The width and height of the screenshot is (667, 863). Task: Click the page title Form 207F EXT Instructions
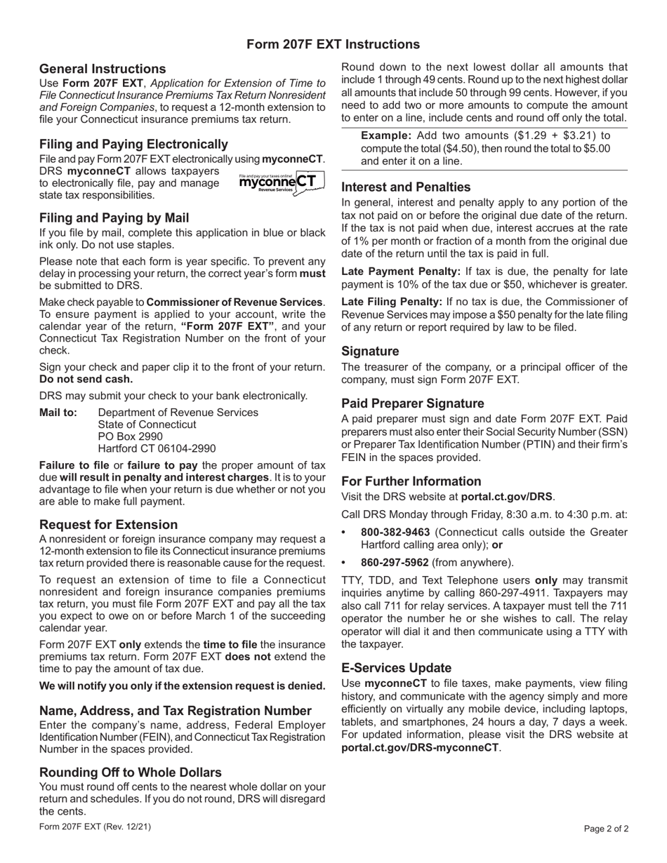point(333,44)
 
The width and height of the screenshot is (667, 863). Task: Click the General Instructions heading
point(103,69)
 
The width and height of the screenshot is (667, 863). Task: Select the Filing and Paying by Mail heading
point(114,218)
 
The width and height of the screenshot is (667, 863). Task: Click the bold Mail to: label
point(58,413)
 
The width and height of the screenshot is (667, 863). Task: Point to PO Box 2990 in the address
point(130,436)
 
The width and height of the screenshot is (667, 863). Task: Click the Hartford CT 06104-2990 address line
point(157,448)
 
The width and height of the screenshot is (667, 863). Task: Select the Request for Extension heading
point(108,525)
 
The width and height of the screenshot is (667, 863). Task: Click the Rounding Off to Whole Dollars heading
point(131,772)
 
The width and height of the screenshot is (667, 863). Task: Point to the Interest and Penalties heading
point(406,187)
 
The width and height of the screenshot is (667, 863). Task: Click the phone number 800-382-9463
point(396,533)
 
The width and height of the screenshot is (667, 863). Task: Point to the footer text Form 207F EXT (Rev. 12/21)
point(95,827)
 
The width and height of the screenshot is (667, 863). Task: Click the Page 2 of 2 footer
point(606,829)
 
